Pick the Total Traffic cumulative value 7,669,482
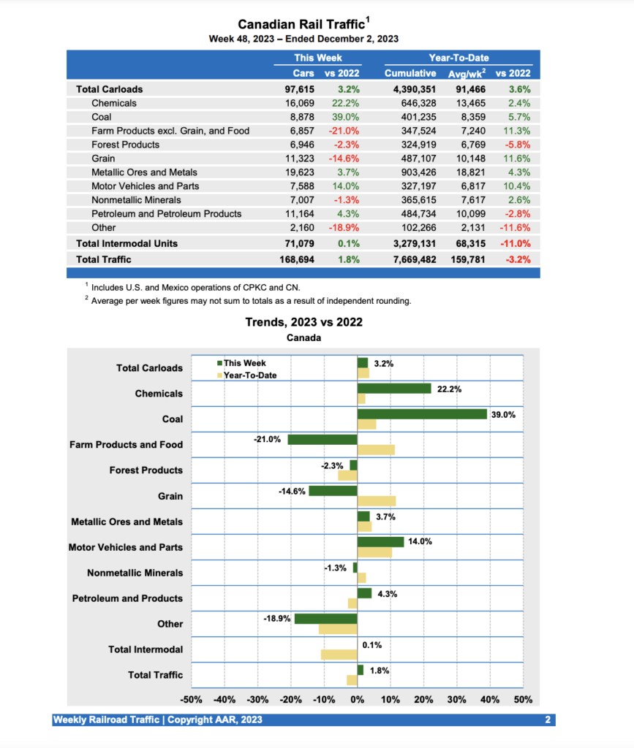pyautogui.click(x=411, y=259)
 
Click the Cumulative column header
pyautogui.click(x=411, y=73)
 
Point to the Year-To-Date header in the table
pyautogui.click(x=458, y=58)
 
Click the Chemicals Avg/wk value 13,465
pyautogui.click(x=462, y=103)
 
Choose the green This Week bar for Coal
pyautogui.click(x=422, y=414)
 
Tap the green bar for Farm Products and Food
pyautogui.click(x=322, y=440)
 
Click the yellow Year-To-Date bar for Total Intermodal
pyautogui.click(x=339, y=654)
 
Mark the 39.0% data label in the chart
pyautogui.click(x=503, y=415)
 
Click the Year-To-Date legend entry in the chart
pyautogui.click(x=249, y=375)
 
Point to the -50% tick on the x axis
pyautogui.click(x=191, y=700)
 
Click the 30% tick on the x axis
pyautogui.click(x=457, y=700)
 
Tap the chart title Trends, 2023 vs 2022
pyautogui.click(x=303, y=322)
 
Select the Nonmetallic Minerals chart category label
pyautogui.click(x=135, y=573)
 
